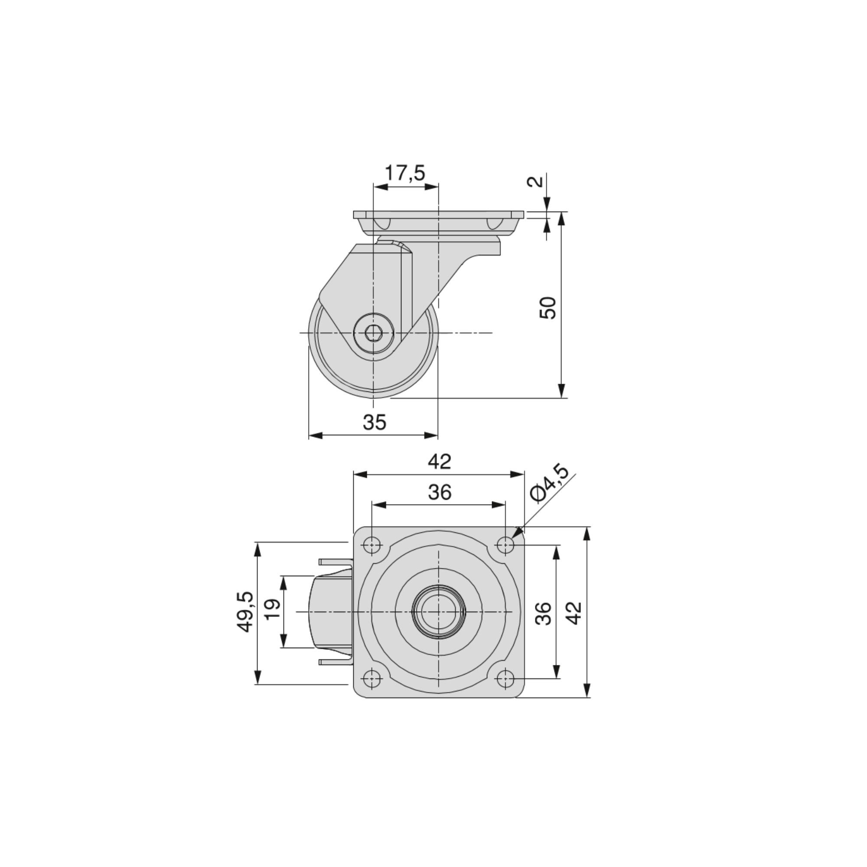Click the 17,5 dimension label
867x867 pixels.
click(x=405, y=173)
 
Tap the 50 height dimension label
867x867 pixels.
click(x=548, y=308)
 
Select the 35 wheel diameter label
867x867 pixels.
click(x=375, y=422)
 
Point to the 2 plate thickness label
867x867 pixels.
click(x=536, y=181)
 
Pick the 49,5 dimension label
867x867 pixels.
click(x=245, y=612)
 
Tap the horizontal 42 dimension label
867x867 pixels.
click(x=439, y=461)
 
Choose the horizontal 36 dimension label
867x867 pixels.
click(x=439, y=492)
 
